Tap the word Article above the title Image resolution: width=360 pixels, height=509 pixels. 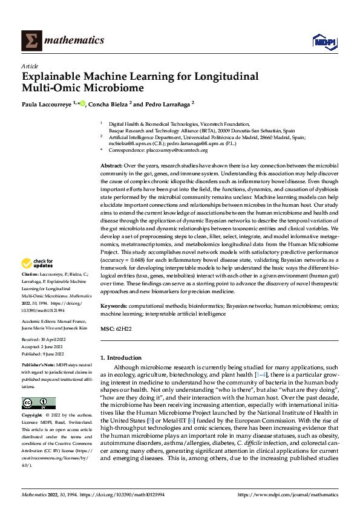[x=29, y=66]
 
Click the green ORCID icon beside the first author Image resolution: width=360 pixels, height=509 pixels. [x=82, y=103]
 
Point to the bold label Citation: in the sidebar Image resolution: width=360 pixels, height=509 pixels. [x=31, y=291]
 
